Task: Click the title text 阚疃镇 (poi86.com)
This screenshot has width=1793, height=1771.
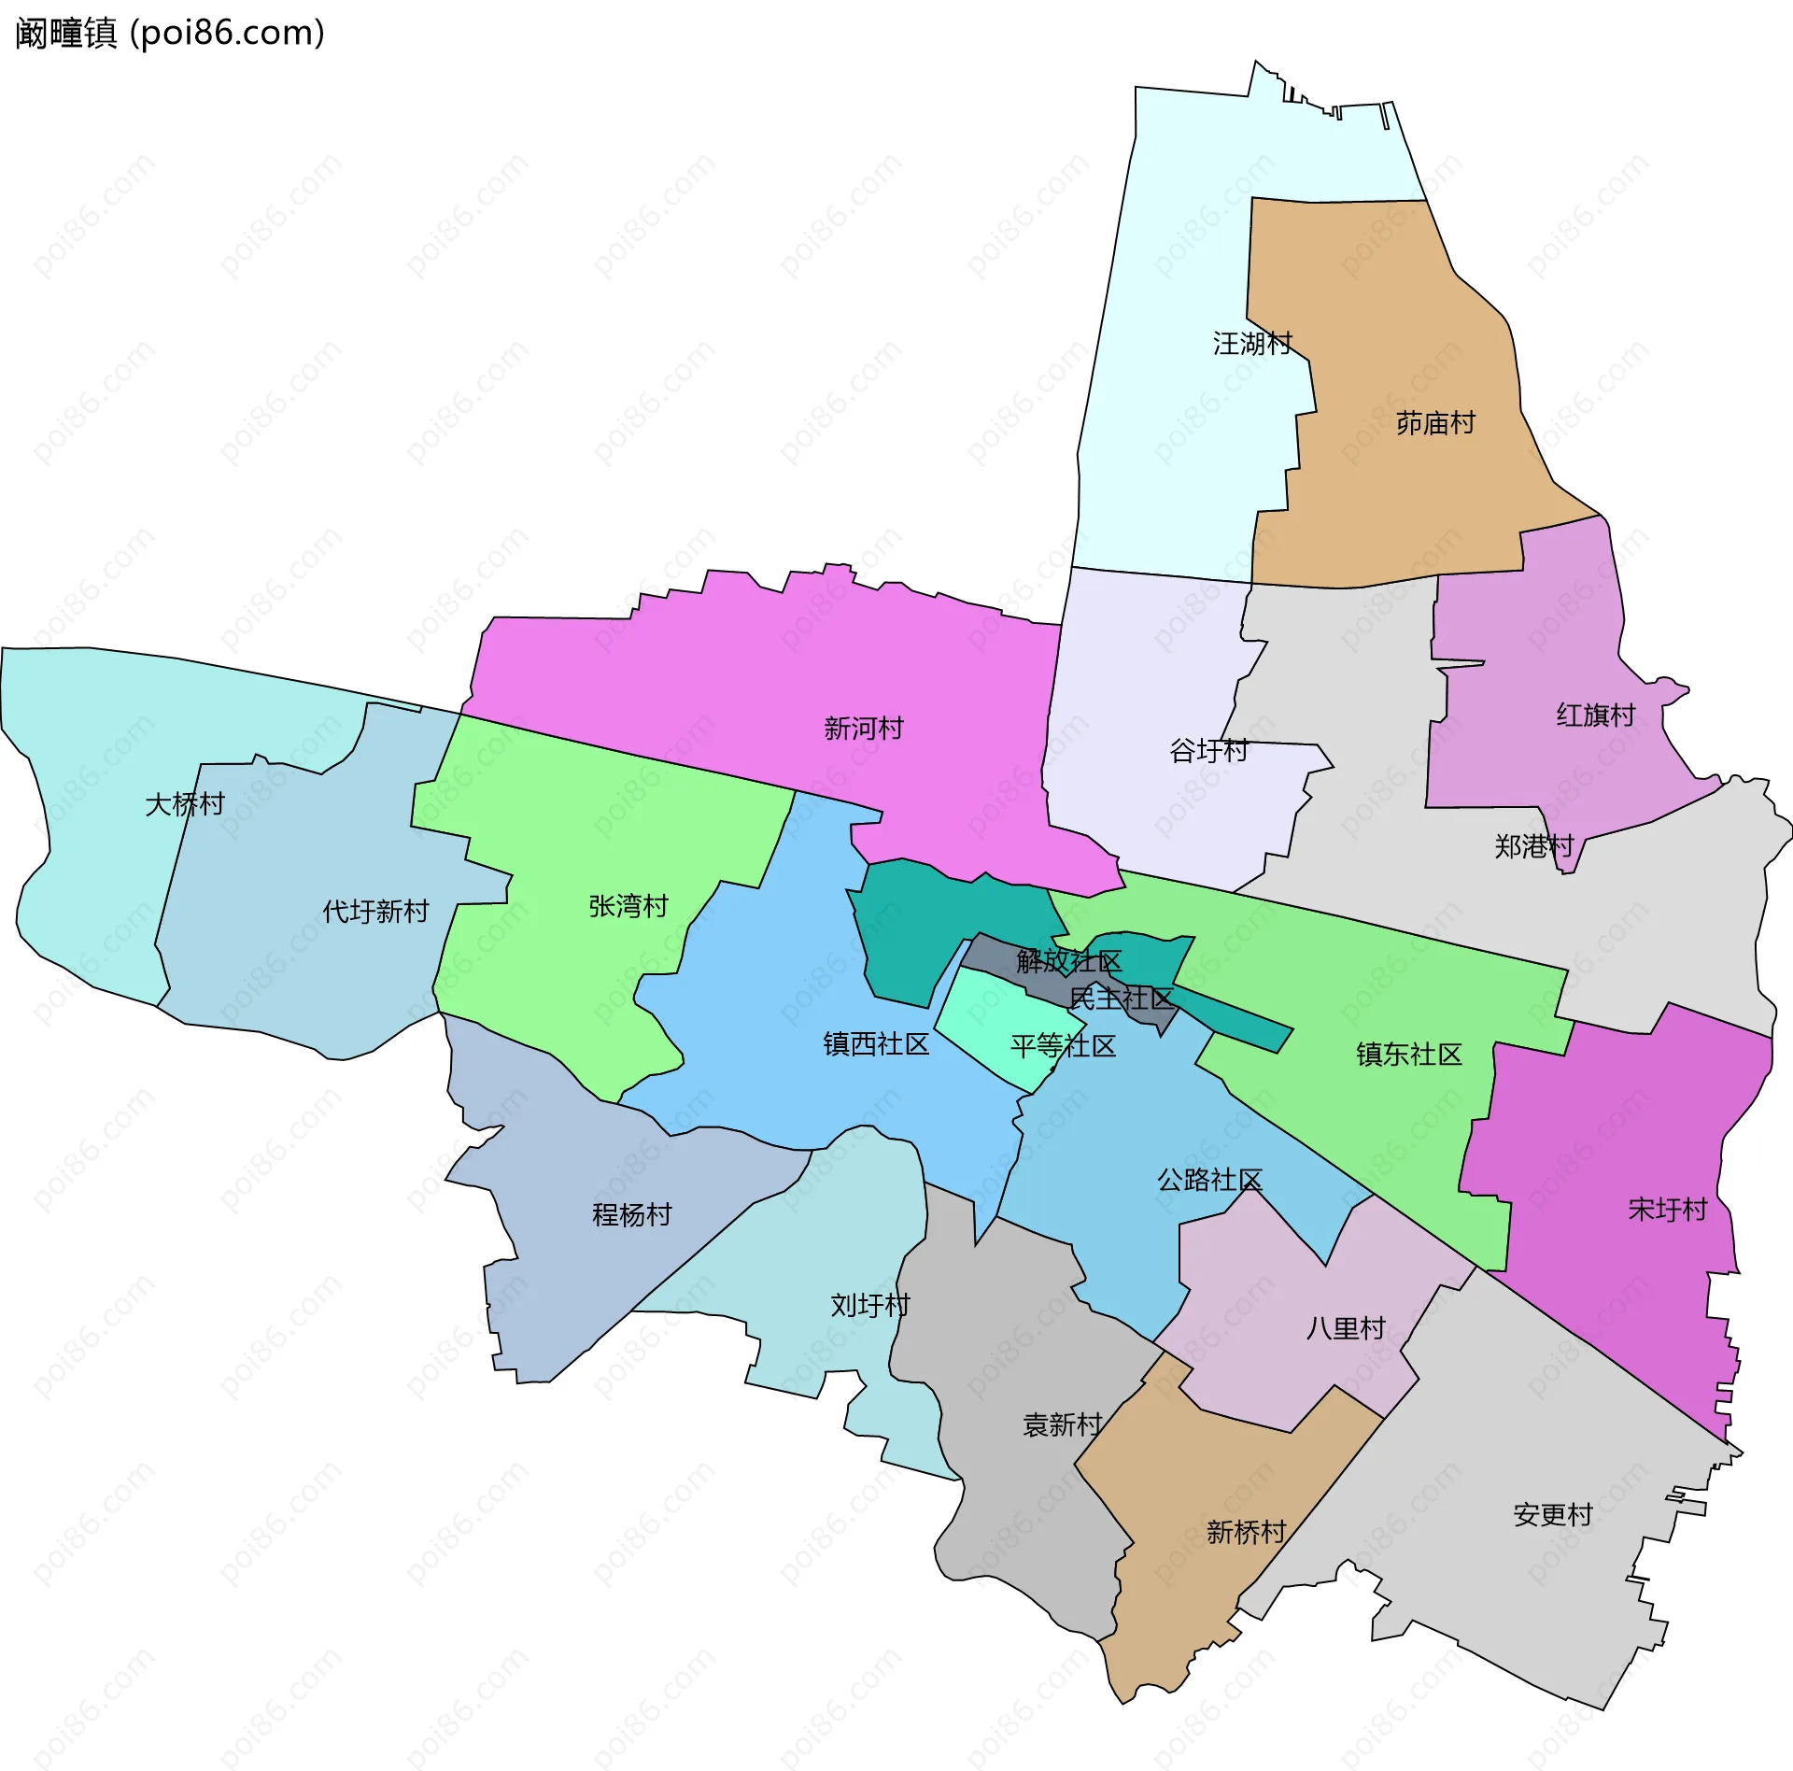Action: click(x=170, y=33)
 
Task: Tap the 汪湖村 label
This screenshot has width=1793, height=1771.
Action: click(x=1252, y=344)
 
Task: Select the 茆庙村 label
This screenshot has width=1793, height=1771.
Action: click(x=1435, y=424)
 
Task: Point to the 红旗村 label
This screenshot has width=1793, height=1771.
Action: click(x=1596, y=715)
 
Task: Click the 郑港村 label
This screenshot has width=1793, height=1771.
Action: click(x=1534, y=846)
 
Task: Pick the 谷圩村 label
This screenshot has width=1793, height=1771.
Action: click(x=1209, y=750)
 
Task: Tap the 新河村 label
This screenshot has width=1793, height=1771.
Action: click(x=864, y=729)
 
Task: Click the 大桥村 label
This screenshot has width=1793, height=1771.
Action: click(x=185, y=804)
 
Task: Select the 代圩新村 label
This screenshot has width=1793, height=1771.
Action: click(x=375, y=911)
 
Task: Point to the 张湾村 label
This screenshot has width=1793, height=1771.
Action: click(x=628, y=906)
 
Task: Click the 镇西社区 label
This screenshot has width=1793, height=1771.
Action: click(x=876, y=1044)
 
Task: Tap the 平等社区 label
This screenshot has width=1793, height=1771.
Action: click(x=1063, y=1045)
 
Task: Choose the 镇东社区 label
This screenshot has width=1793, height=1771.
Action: click(x=1409, y=1055)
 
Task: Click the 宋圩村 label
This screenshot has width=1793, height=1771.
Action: click(x=1668, y=1210)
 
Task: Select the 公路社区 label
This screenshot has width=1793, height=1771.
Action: click(x=1209, y=1180)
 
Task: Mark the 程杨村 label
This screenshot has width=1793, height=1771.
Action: click(x=632, y=1214)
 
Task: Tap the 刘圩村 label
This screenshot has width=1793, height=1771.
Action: click(x=870, y=1305)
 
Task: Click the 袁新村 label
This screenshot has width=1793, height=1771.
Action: click(x=1063, y=1424)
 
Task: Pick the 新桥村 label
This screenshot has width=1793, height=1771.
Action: click(x=1247, y=1532)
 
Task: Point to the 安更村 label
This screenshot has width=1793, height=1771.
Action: click(x=1553, y=1514)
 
